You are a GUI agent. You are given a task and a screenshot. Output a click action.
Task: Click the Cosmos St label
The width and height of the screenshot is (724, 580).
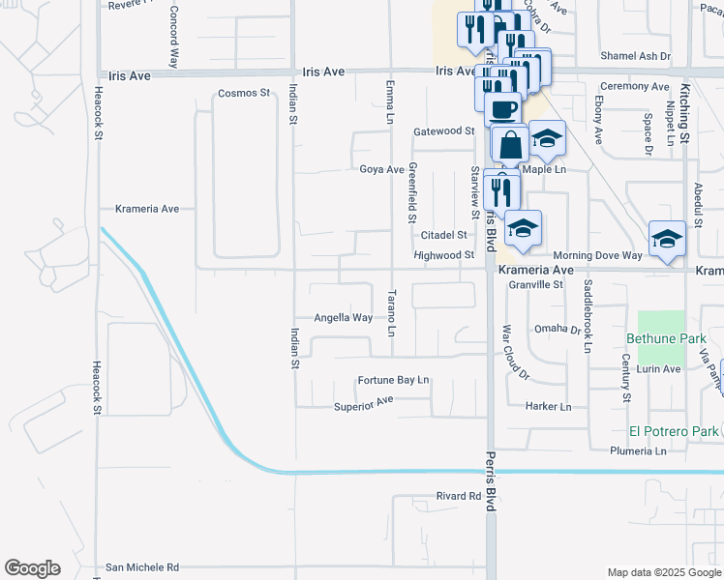(242, 93)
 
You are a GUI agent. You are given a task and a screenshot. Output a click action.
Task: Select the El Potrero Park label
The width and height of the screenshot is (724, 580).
(672, 431)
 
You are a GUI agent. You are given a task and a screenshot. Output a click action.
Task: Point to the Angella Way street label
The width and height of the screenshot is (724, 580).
(343, 317)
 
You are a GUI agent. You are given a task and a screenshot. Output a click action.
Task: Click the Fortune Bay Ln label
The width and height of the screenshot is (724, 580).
(393, 380)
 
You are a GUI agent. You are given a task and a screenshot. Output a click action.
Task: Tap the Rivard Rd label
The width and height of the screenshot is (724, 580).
(458, 496)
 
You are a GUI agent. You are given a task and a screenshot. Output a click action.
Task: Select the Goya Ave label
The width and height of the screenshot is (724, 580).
(381, 169)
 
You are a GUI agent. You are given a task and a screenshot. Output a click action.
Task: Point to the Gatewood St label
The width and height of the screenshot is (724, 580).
(443, 131)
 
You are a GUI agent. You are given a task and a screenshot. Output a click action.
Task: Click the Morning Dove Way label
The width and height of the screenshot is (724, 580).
(597, 255)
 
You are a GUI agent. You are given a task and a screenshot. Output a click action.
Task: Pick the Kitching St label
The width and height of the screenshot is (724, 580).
(683, 114)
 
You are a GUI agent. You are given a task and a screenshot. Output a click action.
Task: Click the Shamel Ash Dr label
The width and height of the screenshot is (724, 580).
(635, 56)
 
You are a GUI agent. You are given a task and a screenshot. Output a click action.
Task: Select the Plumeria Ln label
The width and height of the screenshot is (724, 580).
(638, 451)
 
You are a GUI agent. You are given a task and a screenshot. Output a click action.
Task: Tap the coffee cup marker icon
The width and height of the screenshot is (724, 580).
(502, 109)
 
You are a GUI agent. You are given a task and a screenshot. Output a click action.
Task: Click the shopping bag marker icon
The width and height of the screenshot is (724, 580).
(510, 145)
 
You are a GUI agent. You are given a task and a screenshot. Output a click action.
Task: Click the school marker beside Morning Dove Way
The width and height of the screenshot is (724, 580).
(667, 239)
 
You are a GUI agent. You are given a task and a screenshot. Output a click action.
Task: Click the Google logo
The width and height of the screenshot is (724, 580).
(32, 568)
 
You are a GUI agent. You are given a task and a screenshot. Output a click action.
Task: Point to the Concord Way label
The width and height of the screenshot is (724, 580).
(173, 37)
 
